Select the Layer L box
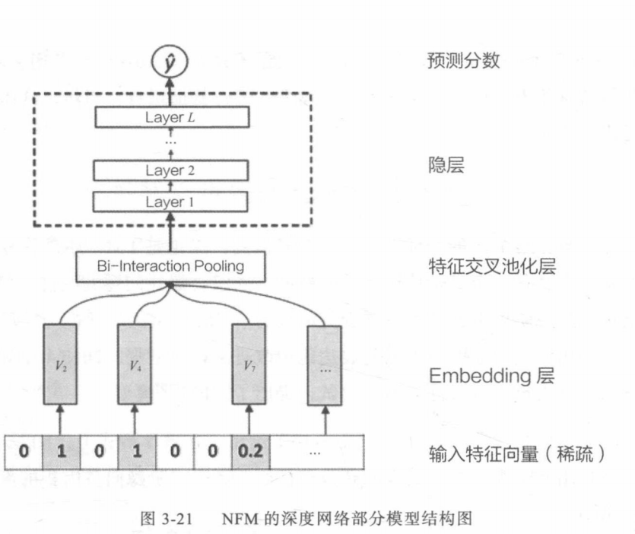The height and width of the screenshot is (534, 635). point(172,117)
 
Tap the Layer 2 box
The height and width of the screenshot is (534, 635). point(172,170)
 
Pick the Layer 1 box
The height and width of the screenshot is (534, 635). point(172,202)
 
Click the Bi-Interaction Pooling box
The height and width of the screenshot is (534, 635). point(170,266)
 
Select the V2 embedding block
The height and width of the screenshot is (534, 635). point(62,364)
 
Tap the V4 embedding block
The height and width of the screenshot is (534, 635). point(135,364)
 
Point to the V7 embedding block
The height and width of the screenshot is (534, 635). point(249,364)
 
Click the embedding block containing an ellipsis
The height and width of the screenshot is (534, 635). point(324,364)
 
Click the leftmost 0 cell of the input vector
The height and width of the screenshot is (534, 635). point(24,451)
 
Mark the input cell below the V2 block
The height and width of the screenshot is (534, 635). point(62,451)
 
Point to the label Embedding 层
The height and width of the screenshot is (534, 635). point(480,375)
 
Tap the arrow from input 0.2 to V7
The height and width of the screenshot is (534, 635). point(249,420)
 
